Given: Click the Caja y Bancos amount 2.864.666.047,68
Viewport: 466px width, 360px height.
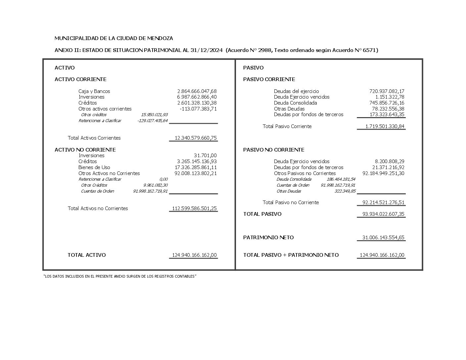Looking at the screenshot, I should (197, 91).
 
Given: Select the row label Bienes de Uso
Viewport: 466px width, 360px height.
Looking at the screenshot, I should (94, 167).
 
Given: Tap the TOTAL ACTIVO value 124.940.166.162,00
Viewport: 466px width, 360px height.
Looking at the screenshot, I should (194, 255).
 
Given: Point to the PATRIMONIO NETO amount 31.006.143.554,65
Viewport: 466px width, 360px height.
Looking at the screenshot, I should (383, 238).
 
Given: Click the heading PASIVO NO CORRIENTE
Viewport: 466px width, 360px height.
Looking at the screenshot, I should (274, 150).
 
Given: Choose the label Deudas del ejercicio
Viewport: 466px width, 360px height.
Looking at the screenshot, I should (296, 91).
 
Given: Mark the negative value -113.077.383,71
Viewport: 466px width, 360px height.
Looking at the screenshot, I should (198, 109).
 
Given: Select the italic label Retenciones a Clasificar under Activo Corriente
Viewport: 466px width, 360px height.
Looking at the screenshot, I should (100, 121).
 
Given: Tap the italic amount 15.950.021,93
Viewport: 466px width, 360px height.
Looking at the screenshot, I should (154, 115).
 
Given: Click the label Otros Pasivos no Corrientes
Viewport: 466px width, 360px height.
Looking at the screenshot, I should (304, 173).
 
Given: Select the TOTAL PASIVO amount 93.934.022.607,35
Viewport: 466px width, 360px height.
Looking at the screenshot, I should (383, 214).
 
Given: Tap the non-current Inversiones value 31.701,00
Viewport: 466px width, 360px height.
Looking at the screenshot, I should (205, 156).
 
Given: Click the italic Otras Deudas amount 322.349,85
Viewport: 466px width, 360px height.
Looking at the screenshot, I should (345, 191).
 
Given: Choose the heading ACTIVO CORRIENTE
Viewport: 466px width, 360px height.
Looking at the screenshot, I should (80, 79).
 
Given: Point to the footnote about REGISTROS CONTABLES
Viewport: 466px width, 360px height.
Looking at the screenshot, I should (120, 276).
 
